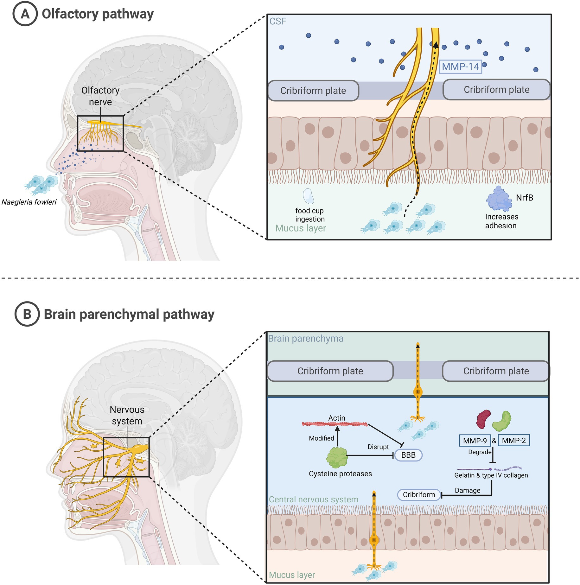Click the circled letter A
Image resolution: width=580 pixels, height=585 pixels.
point(25,14)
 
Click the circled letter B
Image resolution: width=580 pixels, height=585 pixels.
point(27,314)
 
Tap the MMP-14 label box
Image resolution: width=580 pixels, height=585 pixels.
point(460,67)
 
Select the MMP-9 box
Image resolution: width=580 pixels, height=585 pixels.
point(475,441)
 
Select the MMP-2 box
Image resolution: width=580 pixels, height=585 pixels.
point(513,440)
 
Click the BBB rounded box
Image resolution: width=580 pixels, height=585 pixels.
point(408,455)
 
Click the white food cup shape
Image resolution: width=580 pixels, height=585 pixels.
point(308,196)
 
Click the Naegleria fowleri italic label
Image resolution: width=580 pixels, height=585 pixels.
point(29,202)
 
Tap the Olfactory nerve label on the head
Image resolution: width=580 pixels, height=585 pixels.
point(100,96)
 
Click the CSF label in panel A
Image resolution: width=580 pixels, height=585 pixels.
point(277,21)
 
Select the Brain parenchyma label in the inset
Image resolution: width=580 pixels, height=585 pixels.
point(305,339)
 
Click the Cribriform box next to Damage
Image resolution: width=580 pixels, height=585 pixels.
point(419,495)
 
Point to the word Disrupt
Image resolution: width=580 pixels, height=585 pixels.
point(378,447)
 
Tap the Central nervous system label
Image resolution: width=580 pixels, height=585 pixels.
point(313,499)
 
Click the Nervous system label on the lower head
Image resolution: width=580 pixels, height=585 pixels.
point(127,415)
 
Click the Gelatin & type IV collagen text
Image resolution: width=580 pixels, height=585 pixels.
point(491,475)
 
